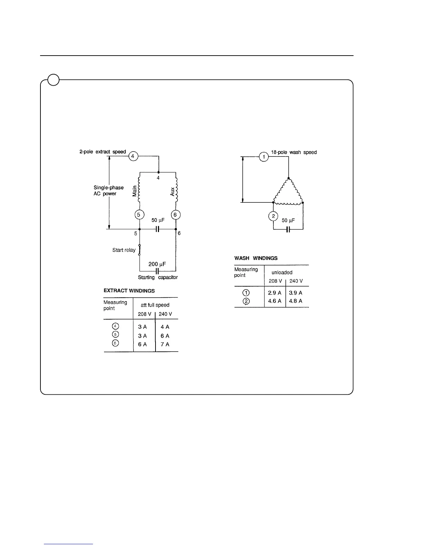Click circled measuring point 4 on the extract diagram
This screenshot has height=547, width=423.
133,156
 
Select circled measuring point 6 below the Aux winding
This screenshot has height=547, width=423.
176,215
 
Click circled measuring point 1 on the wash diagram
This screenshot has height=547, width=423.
264,157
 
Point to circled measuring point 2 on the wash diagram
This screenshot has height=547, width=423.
273,217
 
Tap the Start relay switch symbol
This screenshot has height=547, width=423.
139,250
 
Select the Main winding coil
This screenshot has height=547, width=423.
139,190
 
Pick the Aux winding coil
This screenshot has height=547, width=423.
176,190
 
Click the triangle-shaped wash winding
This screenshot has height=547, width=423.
288,193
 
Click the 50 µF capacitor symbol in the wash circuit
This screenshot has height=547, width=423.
288,229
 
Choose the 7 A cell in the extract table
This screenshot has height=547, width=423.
165,344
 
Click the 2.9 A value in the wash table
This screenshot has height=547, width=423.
275,293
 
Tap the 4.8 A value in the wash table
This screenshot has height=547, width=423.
295,301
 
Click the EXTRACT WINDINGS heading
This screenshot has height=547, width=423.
129,291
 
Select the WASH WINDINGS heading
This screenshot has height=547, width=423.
256,258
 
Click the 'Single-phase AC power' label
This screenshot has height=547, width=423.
108,191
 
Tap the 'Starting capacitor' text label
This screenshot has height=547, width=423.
158,278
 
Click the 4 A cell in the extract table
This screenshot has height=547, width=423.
165,327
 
